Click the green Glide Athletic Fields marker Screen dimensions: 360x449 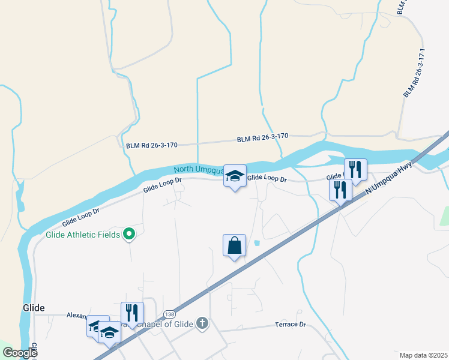128,234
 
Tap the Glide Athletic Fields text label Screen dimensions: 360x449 83,235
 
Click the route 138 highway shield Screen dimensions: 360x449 169,314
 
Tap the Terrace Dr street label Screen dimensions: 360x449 291,324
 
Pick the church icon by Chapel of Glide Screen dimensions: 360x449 202,324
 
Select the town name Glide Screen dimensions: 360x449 34,307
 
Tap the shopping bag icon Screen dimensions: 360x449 234,245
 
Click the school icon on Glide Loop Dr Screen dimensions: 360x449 235,176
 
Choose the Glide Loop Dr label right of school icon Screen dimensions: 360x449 267,178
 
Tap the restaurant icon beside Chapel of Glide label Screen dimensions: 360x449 132,313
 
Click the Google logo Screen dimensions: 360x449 20,353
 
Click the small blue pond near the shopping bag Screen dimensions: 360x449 257,243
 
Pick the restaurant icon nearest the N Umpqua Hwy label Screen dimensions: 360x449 340,190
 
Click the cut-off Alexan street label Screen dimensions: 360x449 77,314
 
